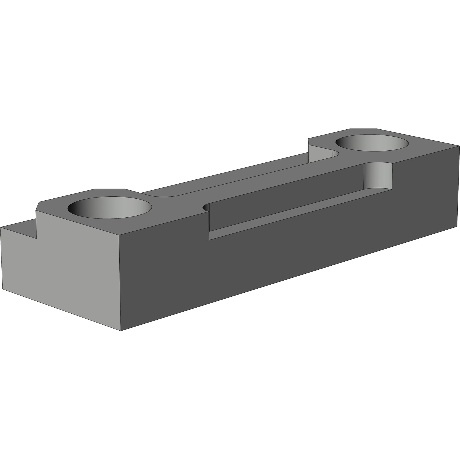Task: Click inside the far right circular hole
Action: click(371, 143)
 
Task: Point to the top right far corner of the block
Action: click(459, 146)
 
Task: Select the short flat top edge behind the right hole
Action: click(363, 129)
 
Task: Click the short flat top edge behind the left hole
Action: click(110, 189)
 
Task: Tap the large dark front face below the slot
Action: click(287, 259)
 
